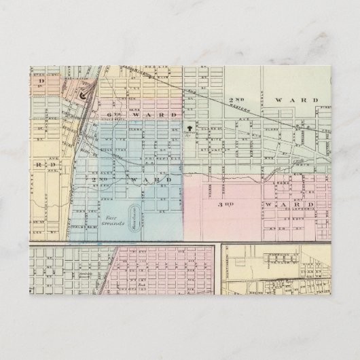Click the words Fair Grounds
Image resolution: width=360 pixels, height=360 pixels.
[114, 225]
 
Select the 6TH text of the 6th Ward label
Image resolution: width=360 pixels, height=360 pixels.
[113, 115]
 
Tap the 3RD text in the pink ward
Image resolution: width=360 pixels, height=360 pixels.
[225, 203]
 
